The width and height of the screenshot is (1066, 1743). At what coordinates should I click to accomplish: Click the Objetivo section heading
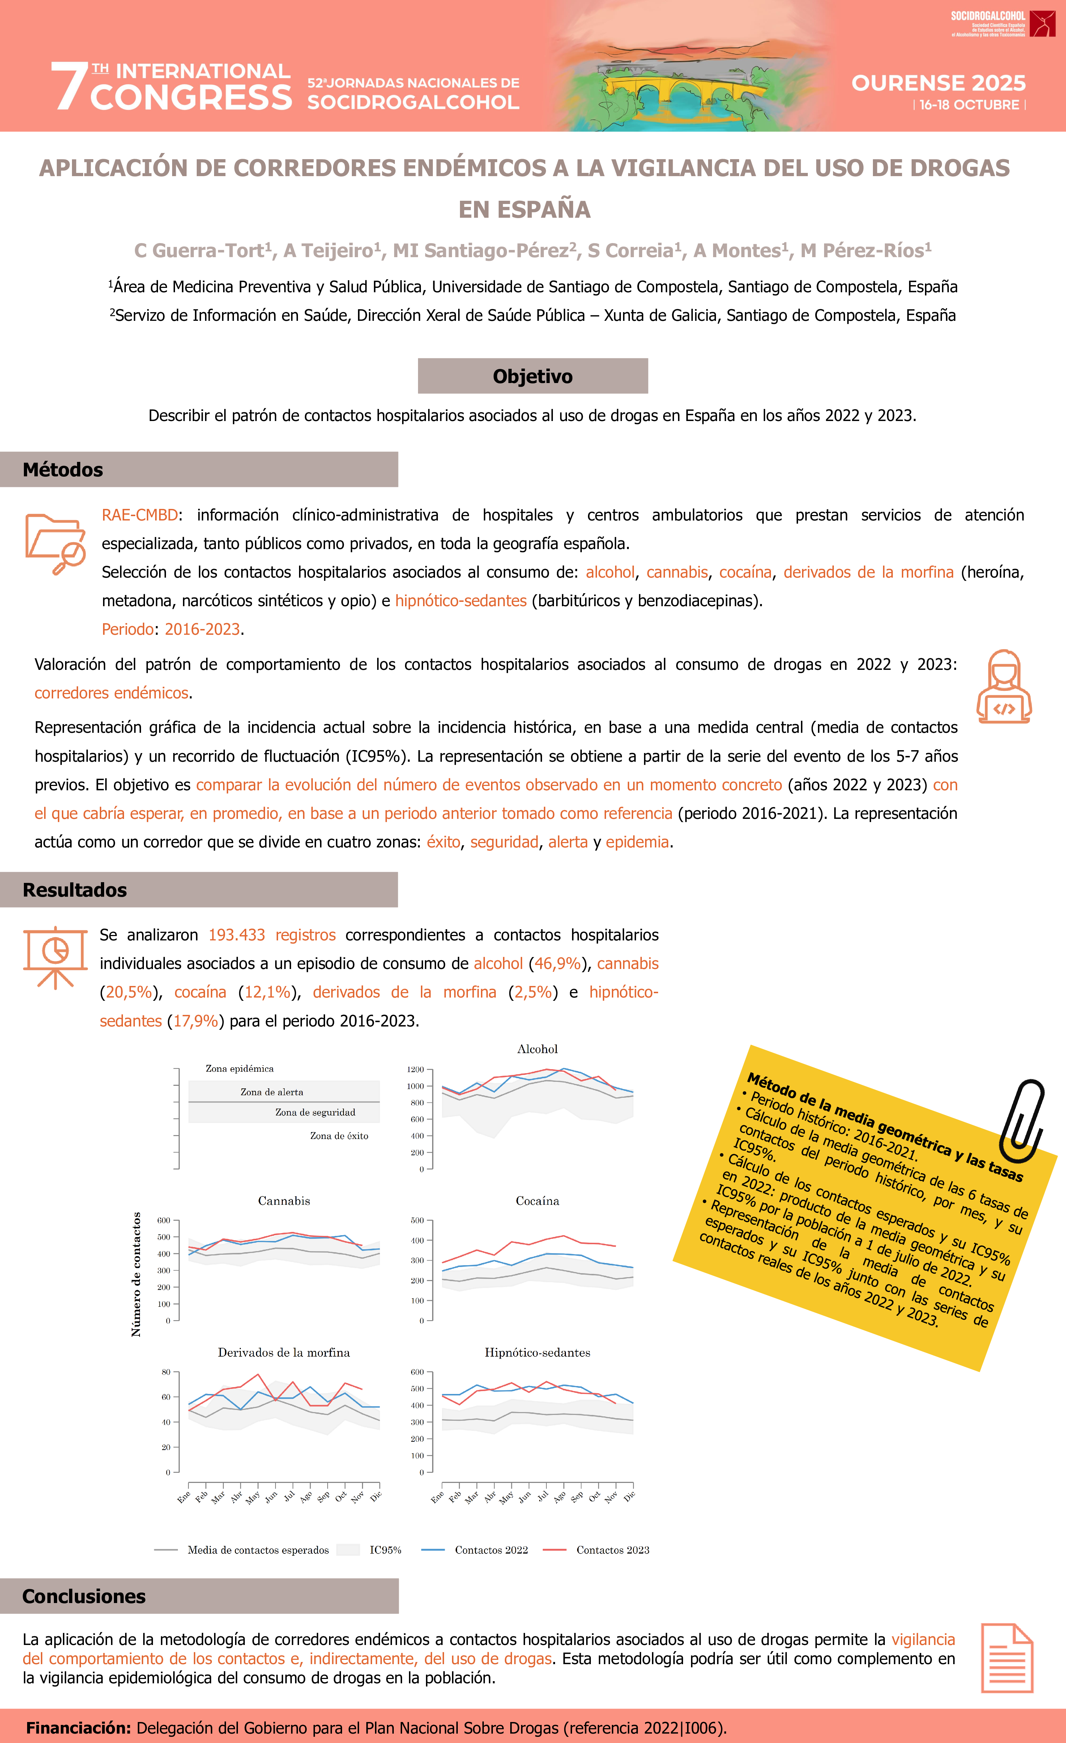click(533, 376)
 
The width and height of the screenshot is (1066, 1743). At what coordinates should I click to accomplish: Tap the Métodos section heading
click(63, 470)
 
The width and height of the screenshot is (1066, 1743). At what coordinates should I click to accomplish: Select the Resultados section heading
click(74, 890)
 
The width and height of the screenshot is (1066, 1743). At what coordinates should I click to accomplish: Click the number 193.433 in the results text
click(236, 935)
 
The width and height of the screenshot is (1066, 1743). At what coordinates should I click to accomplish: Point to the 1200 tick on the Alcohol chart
click(415, 1070)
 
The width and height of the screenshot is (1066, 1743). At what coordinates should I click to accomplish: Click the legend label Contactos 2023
click(613, 1550)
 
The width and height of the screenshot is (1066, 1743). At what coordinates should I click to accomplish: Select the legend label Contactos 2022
click(491, 1550)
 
